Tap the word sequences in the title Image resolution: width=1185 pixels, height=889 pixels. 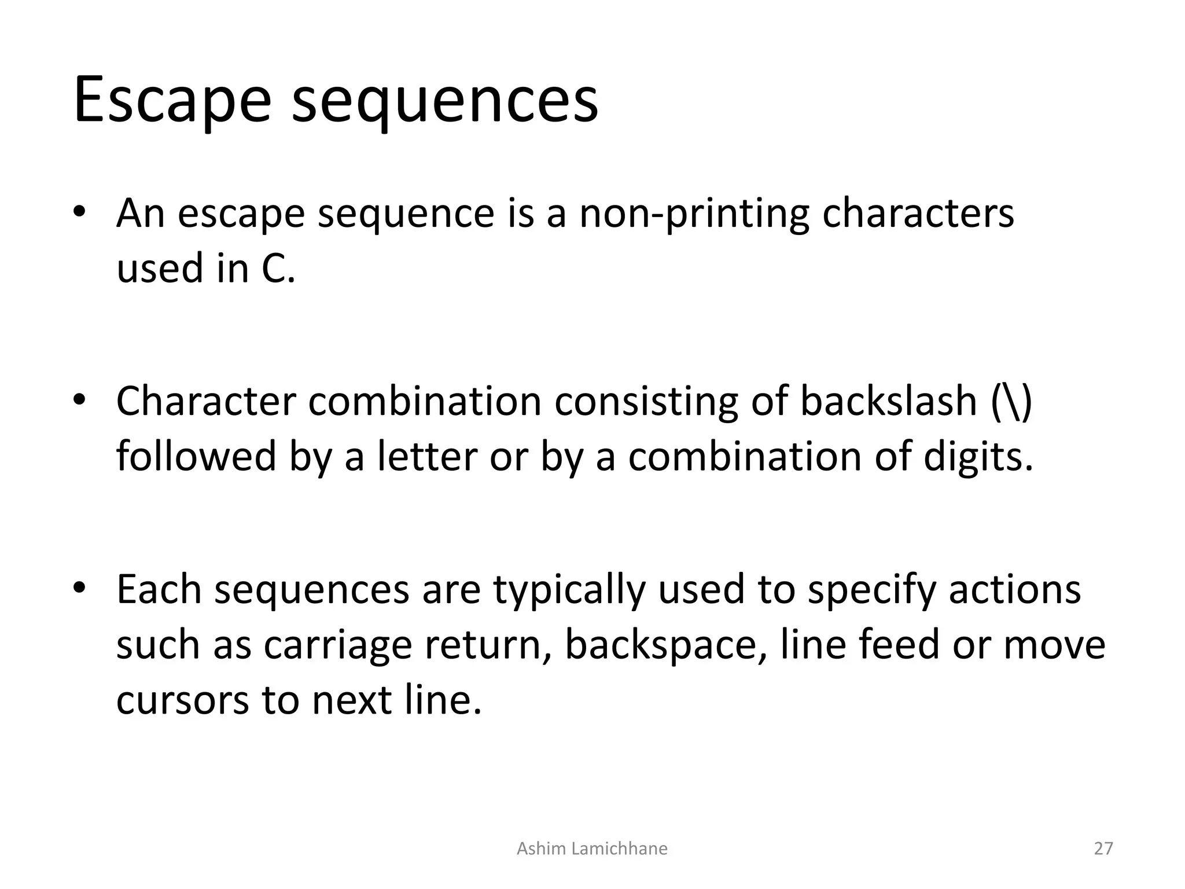444,102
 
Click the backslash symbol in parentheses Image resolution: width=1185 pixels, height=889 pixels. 1011,402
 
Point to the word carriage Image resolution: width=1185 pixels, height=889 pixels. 337,646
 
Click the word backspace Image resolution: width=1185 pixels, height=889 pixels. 665,646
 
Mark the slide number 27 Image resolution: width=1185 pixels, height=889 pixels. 1103,848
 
